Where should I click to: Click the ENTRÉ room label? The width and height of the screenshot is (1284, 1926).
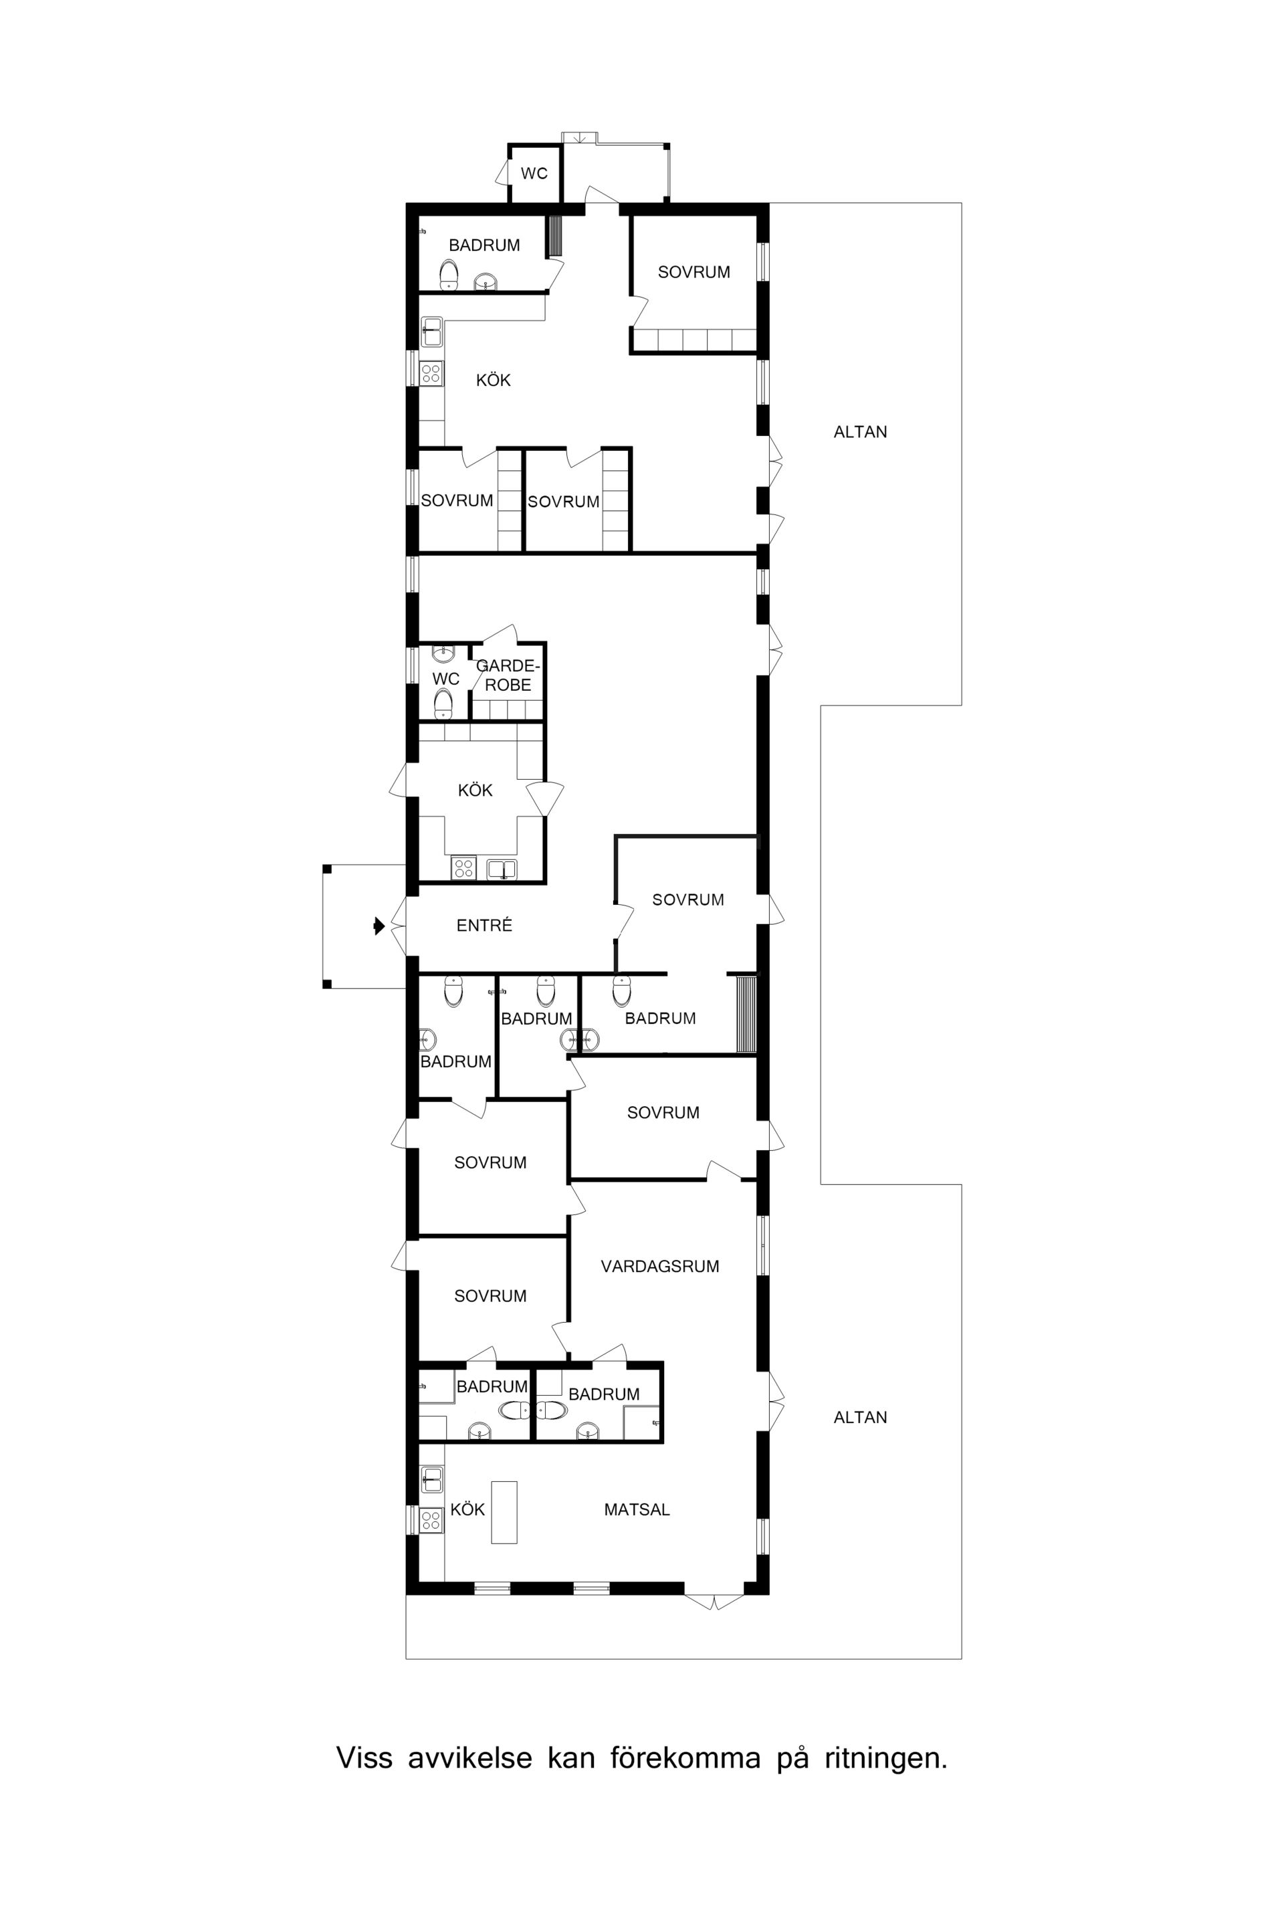click(x=484, y=926)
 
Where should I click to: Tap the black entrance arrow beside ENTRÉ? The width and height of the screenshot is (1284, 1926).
click(x=379, y=926)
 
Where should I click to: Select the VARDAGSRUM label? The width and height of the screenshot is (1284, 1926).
click(x=660, y=1267)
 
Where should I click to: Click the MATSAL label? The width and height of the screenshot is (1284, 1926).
click(x=637, y=1510)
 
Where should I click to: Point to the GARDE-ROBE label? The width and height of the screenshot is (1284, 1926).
click(x=508, y=675)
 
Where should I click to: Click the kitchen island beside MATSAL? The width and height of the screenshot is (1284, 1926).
click(x=504, y=1513)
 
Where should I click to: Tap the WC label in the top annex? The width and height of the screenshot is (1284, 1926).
click(x=534, y=174)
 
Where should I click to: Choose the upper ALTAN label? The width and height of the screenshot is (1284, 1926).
click(x=860, y=433)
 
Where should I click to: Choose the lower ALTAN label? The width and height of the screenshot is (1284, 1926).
click(x=860, y=1418)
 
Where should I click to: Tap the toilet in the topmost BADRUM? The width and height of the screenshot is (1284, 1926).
click(x=449, y=274)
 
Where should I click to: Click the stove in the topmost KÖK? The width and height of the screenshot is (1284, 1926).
click(x=431, y=373)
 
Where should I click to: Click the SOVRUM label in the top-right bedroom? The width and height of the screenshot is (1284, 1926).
click(x=693, y=273)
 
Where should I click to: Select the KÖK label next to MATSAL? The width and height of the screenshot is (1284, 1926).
click(x=467, y=1510)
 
